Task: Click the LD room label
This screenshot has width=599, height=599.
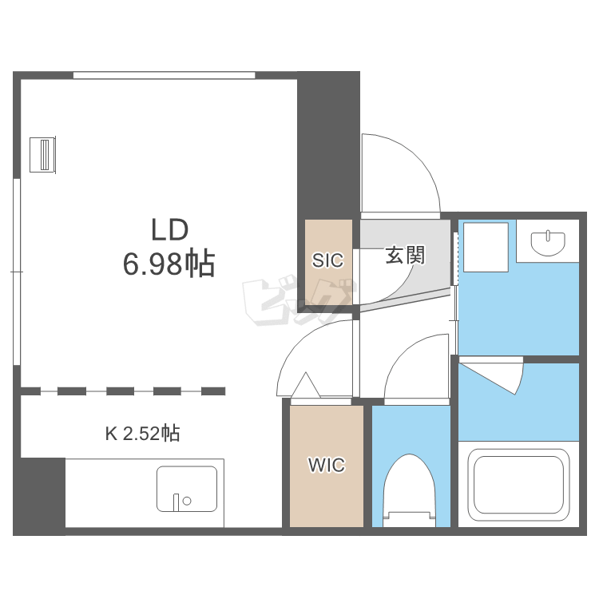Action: (x=170, y=229)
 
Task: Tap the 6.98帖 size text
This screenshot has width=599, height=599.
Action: (x=169, y=264)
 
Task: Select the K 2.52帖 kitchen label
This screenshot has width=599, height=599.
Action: (x=142, y=434)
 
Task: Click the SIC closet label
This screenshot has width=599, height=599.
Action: (x=327, y=260)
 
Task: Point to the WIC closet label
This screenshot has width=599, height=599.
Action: (x=327, y=465)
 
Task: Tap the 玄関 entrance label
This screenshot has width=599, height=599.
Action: (x=405, y=255)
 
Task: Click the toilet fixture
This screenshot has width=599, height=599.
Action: (x=410, y=490)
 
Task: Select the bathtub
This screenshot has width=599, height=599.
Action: (x=519, y=485)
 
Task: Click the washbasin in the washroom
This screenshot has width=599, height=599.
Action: (x=548, y=243)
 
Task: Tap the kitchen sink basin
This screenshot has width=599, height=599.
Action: (x=187, y=489)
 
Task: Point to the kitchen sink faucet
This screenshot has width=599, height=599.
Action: (x=177, y=502)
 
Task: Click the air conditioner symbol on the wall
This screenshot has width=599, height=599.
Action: (x=43, y=154)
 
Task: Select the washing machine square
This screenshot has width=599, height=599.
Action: (x=486, y=247)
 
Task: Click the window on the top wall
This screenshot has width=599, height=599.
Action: (x=165, y=75)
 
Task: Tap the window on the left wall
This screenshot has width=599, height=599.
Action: (x=17, y=272)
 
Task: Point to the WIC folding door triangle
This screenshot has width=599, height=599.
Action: (x=306, y=385)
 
